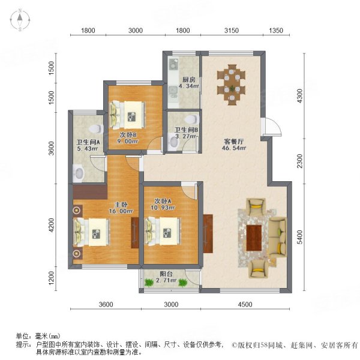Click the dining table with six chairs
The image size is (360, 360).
[x=232, y=79]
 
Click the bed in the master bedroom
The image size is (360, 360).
[x=91, y=232]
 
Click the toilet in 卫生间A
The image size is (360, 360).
[x=94, y=128]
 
